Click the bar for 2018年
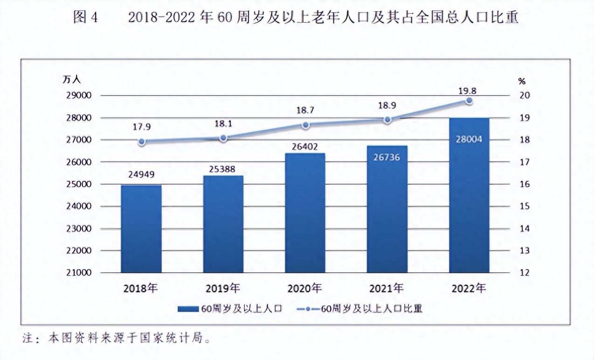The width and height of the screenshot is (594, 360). click(x=141, y=228)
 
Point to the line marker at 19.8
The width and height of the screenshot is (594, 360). click(x=469, y=101)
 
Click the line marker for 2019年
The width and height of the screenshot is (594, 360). click(x=223, y=138)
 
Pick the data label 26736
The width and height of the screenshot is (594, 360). click(x=387, y=158)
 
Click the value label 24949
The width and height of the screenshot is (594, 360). click(x=141, y=175)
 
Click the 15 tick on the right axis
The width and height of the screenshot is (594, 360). click(x=525, y=207)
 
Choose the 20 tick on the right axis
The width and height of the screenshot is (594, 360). click(x=525, y=96)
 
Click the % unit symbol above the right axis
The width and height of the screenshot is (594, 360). click(x=522, y=81)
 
